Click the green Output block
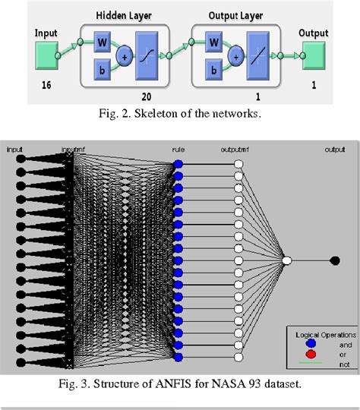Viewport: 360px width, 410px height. point(313,55)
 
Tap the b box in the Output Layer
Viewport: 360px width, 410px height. point(215,71)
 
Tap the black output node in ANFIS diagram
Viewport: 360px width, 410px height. point(335,260)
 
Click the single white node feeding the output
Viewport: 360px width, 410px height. point(287,260)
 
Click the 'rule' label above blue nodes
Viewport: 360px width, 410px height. point(178,150)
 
